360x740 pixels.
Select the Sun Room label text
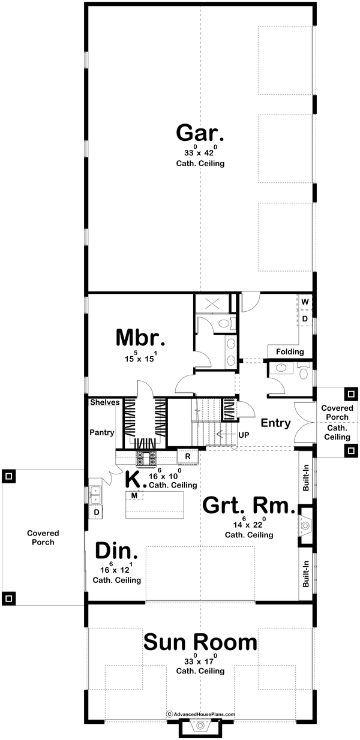pyautogui.click(x=200, y=643)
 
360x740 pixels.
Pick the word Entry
pyautogui.click(x=276, y=423)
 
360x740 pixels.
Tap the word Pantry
pyautogui.click(x=102, y=432)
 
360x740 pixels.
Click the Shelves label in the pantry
pyautogui.click(x=105, y=402)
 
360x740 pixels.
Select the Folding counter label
pyautogui.click(x=290, y=352)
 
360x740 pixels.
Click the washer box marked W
pyautogui.click(x=305, y=302)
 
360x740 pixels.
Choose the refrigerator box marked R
pyautogui.click(x=188, y=457)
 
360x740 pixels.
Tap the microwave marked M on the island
pyautogui.click(x=134, y=495)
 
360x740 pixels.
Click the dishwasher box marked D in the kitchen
pyautogui.click(x=96, y=513)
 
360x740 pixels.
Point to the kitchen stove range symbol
pyautogui.click(x=146, y=458)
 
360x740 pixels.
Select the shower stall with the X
pyautogui.click(x=212, y=304)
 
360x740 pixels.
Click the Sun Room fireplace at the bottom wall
pyautogui.click(x=200, y=727)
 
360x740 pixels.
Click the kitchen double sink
pyautogui.click(x=95, y=495)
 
